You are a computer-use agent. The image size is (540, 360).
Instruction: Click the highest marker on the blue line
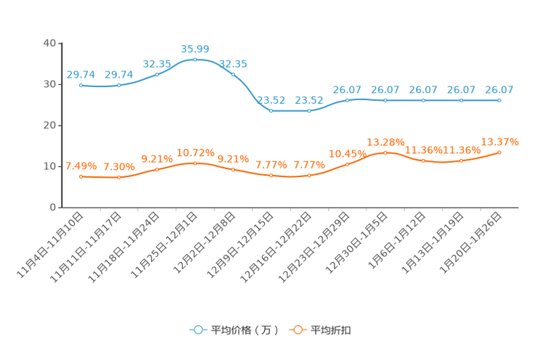click(195, 60)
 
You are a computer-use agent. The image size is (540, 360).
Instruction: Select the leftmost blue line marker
click(81, 85)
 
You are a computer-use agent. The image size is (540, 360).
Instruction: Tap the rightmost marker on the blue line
click(499, 101)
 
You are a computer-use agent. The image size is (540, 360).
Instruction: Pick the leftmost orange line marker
click(81, 176)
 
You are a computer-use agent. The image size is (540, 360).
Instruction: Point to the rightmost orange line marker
click(499, 152)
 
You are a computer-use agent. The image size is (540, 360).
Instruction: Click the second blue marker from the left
click(119, 85)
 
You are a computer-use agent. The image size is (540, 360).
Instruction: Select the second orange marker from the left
click(119, 177)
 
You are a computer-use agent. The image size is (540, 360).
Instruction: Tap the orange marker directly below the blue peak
click(195, 163)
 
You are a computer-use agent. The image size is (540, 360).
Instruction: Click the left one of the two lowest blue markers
click(271, 111)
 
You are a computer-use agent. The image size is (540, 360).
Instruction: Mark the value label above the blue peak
click(195, 49)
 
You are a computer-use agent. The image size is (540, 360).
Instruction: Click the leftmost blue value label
click(81, 74)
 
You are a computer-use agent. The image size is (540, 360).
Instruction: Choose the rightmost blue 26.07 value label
click(499, 90)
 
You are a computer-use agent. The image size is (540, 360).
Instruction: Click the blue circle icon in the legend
click(197, 330)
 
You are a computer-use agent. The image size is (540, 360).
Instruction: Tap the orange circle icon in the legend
click(297, 330)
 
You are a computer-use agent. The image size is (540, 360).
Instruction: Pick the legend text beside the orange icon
click(331, 330)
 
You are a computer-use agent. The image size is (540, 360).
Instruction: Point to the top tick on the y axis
click(59, 44)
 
